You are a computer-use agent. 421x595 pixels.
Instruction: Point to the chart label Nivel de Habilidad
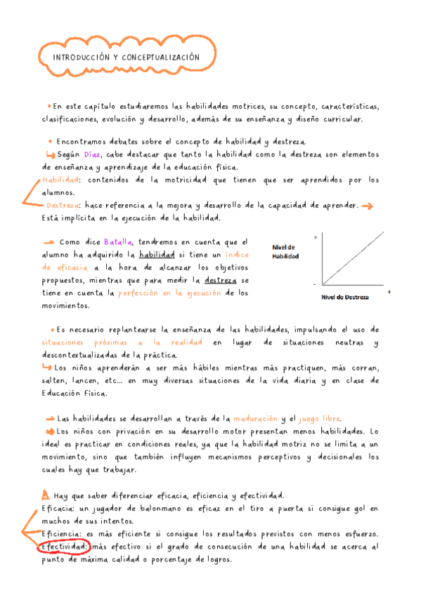click(x=286, y=251)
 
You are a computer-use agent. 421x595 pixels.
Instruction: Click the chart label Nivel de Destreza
click(x=344, y=297)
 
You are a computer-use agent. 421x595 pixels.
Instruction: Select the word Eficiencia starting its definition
click(x=65, y=533)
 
